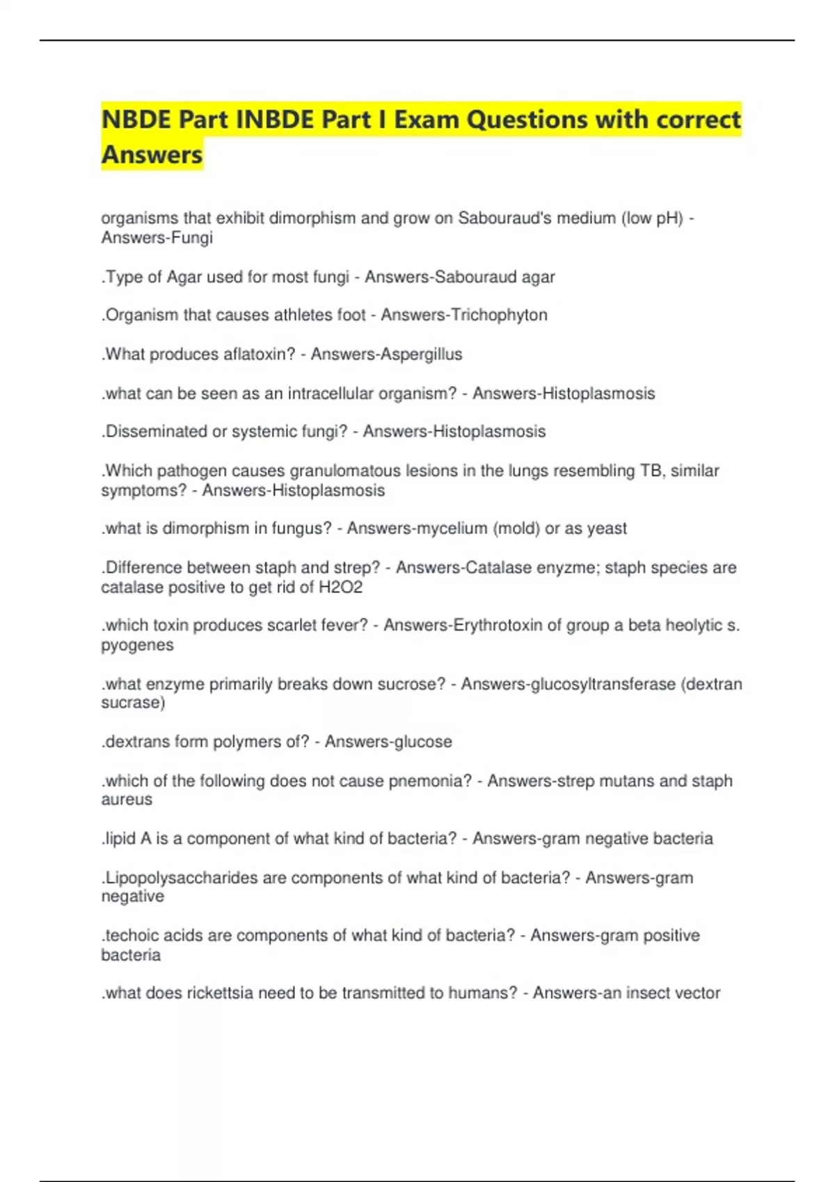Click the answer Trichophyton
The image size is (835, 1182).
499,315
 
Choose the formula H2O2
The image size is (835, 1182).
340,588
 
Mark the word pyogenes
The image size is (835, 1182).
137,645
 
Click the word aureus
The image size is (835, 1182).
127,800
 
